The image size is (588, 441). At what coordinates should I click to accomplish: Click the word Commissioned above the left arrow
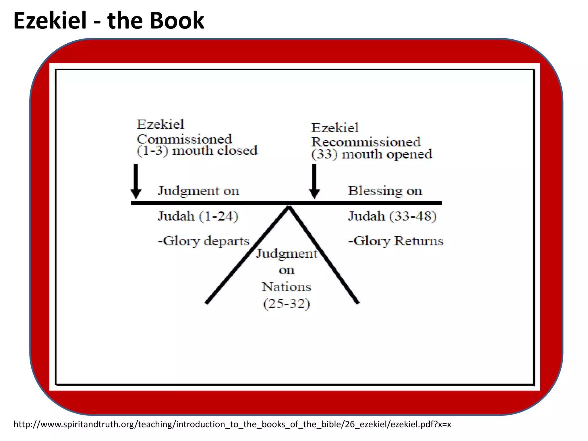pyautogui.click(x=184, y=139)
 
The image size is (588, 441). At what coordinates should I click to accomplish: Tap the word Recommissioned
pyautogui.click(x=366, y=142)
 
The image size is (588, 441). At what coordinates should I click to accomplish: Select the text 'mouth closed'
pyautogui.click(x=215, y=150)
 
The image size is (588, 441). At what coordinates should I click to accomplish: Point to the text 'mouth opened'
pyautogui.click(x=387, y=154)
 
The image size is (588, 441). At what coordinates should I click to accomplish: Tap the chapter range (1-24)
pyautogui.click(x=218, y=216)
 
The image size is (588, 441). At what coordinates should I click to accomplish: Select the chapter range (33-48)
pyautogui.click(x=413, y=216)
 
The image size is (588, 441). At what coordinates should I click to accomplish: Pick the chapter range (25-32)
pyautogui.click(x=287, y=304)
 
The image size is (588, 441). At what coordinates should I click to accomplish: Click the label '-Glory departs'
pyautogui.click(x=204, y=241)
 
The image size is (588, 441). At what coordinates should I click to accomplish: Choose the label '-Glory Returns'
pyautogui.click(x=396, y=241)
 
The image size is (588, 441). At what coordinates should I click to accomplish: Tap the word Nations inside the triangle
pyautogui.click(x=286, y=287)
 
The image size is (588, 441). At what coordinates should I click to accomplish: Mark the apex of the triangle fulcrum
pyautogui.click(x=289, y=207)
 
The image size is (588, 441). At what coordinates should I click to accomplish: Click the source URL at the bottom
pyautogui.click(x=232, y=424)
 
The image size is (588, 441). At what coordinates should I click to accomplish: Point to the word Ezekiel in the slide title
pyautogui.click(x=50, y=21)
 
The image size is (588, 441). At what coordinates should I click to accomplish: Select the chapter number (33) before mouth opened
pyautogui.click(x=324, y=154)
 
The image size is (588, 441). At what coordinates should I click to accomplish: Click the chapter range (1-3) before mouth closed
pyautogui.click(x=152, y=150)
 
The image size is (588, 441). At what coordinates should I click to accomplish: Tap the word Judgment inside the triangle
pyautogui.click(x=287, y=254)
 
